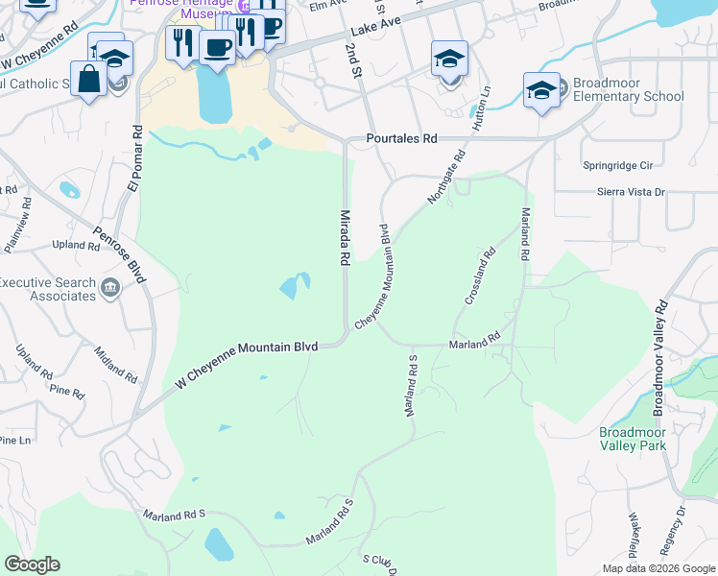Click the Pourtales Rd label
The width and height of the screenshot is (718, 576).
[x=402, y=139]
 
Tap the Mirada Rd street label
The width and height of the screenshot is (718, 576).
[x=342, y=237]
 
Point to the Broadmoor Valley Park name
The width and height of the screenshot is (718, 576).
[x=632, y=439]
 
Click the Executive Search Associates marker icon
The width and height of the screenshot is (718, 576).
[x=109, y=286]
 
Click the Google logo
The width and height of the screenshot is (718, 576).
[x=32, y=564]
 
